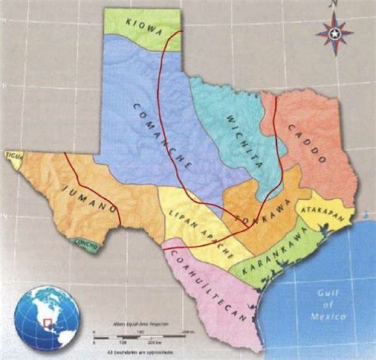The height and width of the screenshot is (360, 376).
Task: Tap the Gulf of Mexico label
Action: (327, 305)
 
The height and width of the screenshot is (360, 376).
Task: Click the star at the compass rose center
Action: (334, 34)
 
